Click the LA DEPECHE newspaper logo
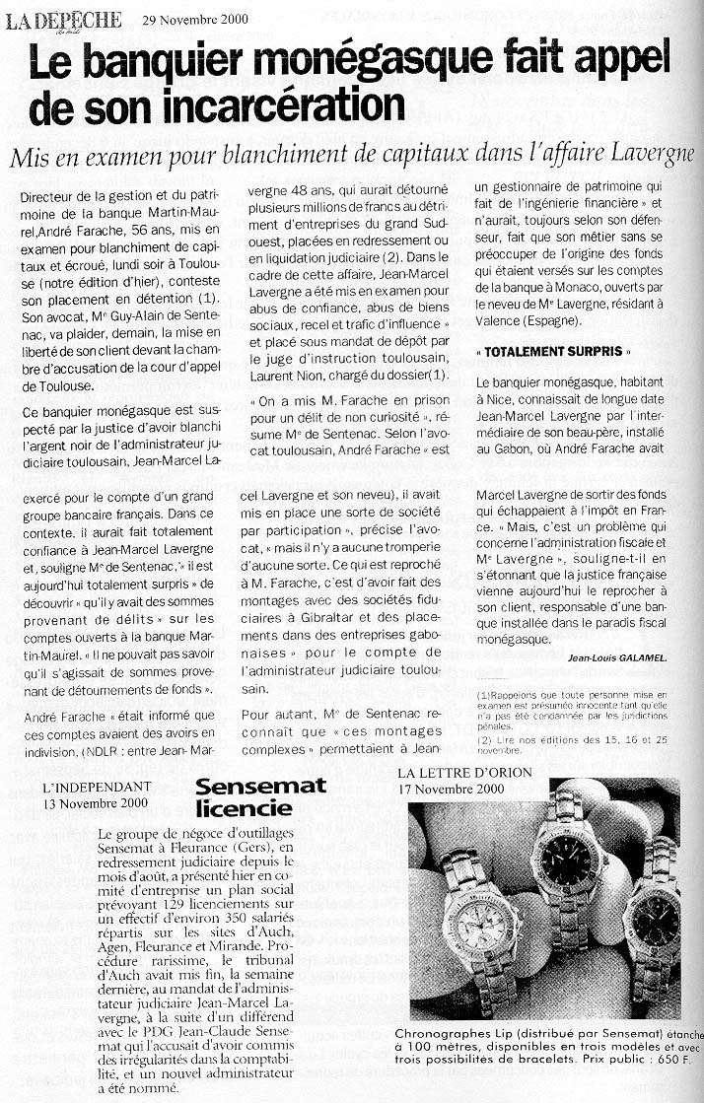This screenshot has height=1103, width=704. [64, 20]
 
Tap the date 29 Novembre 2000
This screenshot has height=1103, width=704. [195, 19]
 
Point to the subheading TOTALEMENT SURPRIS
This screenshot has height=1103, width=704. [551, 352]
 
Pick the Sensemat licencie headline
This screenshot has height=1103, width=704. [244, 797]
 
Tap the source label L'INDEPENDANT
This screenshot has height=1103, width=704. [98, 787]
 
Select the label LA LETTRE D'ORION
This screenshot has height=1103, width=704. [464, 772]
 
